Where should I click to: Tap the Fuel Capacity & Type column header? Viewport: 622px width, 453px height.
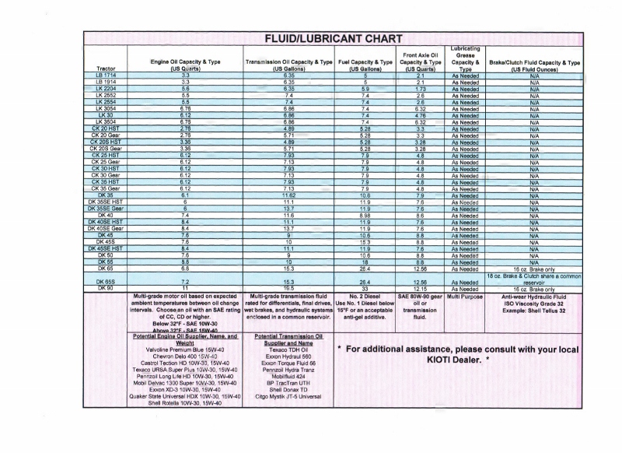pyautogui.click(x=365, y=65)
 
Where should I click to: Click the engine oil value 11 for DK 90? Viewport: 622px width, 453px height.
pyautogui.click(x=185, y=288)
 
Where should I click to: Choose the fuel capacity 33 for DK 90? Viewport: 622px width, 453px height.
pyautogui.click(x=365, y=288)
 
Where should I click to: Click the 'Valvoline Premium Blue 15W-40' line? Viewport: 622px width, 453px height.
pyautogui.click(x=185, y=351)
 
